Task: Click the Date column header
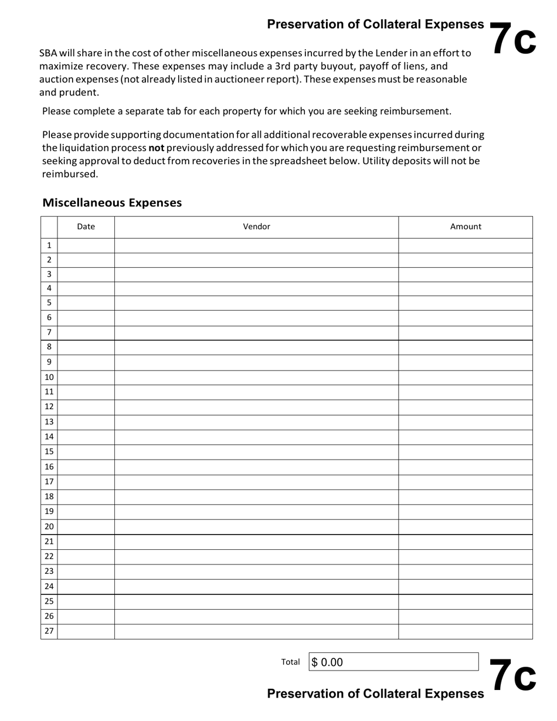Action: [86, 227]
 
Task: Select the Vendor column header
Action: [256, 227]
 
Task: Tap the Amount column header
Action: [466, 227]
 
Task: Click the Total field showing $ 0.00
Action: [393, 662]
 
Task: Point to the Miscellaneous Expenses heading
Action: [112, 203]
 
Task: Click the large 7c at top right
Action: [512, 39]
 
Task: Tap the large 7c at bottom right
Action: [512, 675]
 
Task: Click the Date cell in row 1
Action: [86, 246]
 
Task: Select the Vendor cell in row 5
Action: [256, 303]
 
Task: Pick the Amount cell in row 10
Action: [466, 377]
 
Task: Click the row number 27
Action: [49, 631]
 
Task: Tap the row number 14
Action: [49, 437]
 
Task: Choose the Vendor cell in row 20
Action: [256, 526]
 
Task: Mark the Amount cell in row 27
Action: [466, 631]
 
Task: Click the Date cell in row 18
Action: [86, 496]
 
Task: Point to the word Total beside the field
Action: [290, 662]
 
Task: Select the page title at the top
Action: [375, 24]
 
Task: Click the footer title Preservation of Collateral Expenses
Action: [375, 694]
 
